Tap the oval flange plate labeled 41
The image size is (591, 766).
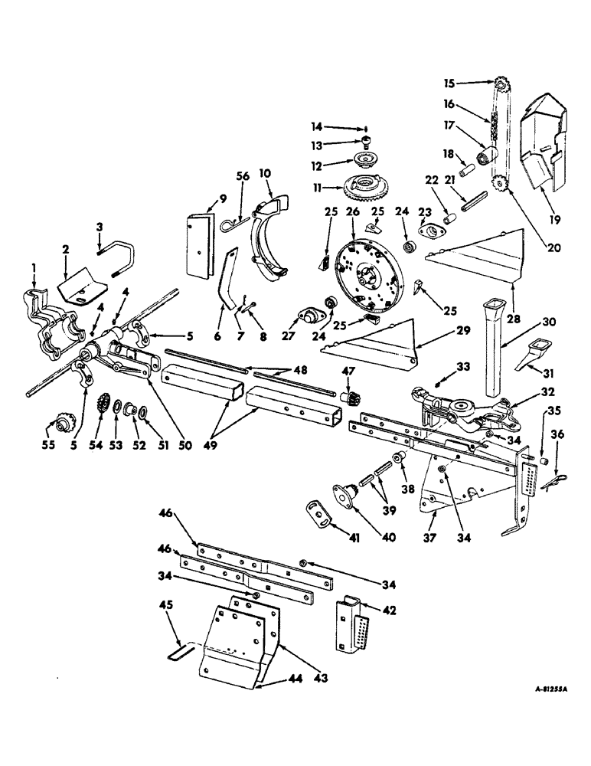(x=316, y=512)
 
